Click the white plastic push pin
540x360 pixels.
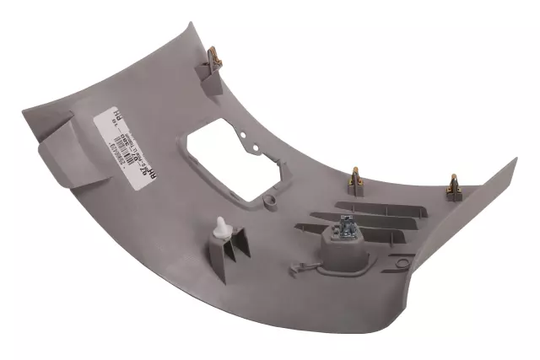pos(221,227)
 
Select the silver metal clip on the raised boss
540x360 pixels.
pos(346,226)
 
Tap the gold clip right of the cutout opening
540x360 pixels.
pos(356,180)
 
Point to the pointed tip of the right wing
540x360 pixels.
pos(514,159)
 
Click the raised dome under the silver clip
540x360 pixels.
pos(345,248)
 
